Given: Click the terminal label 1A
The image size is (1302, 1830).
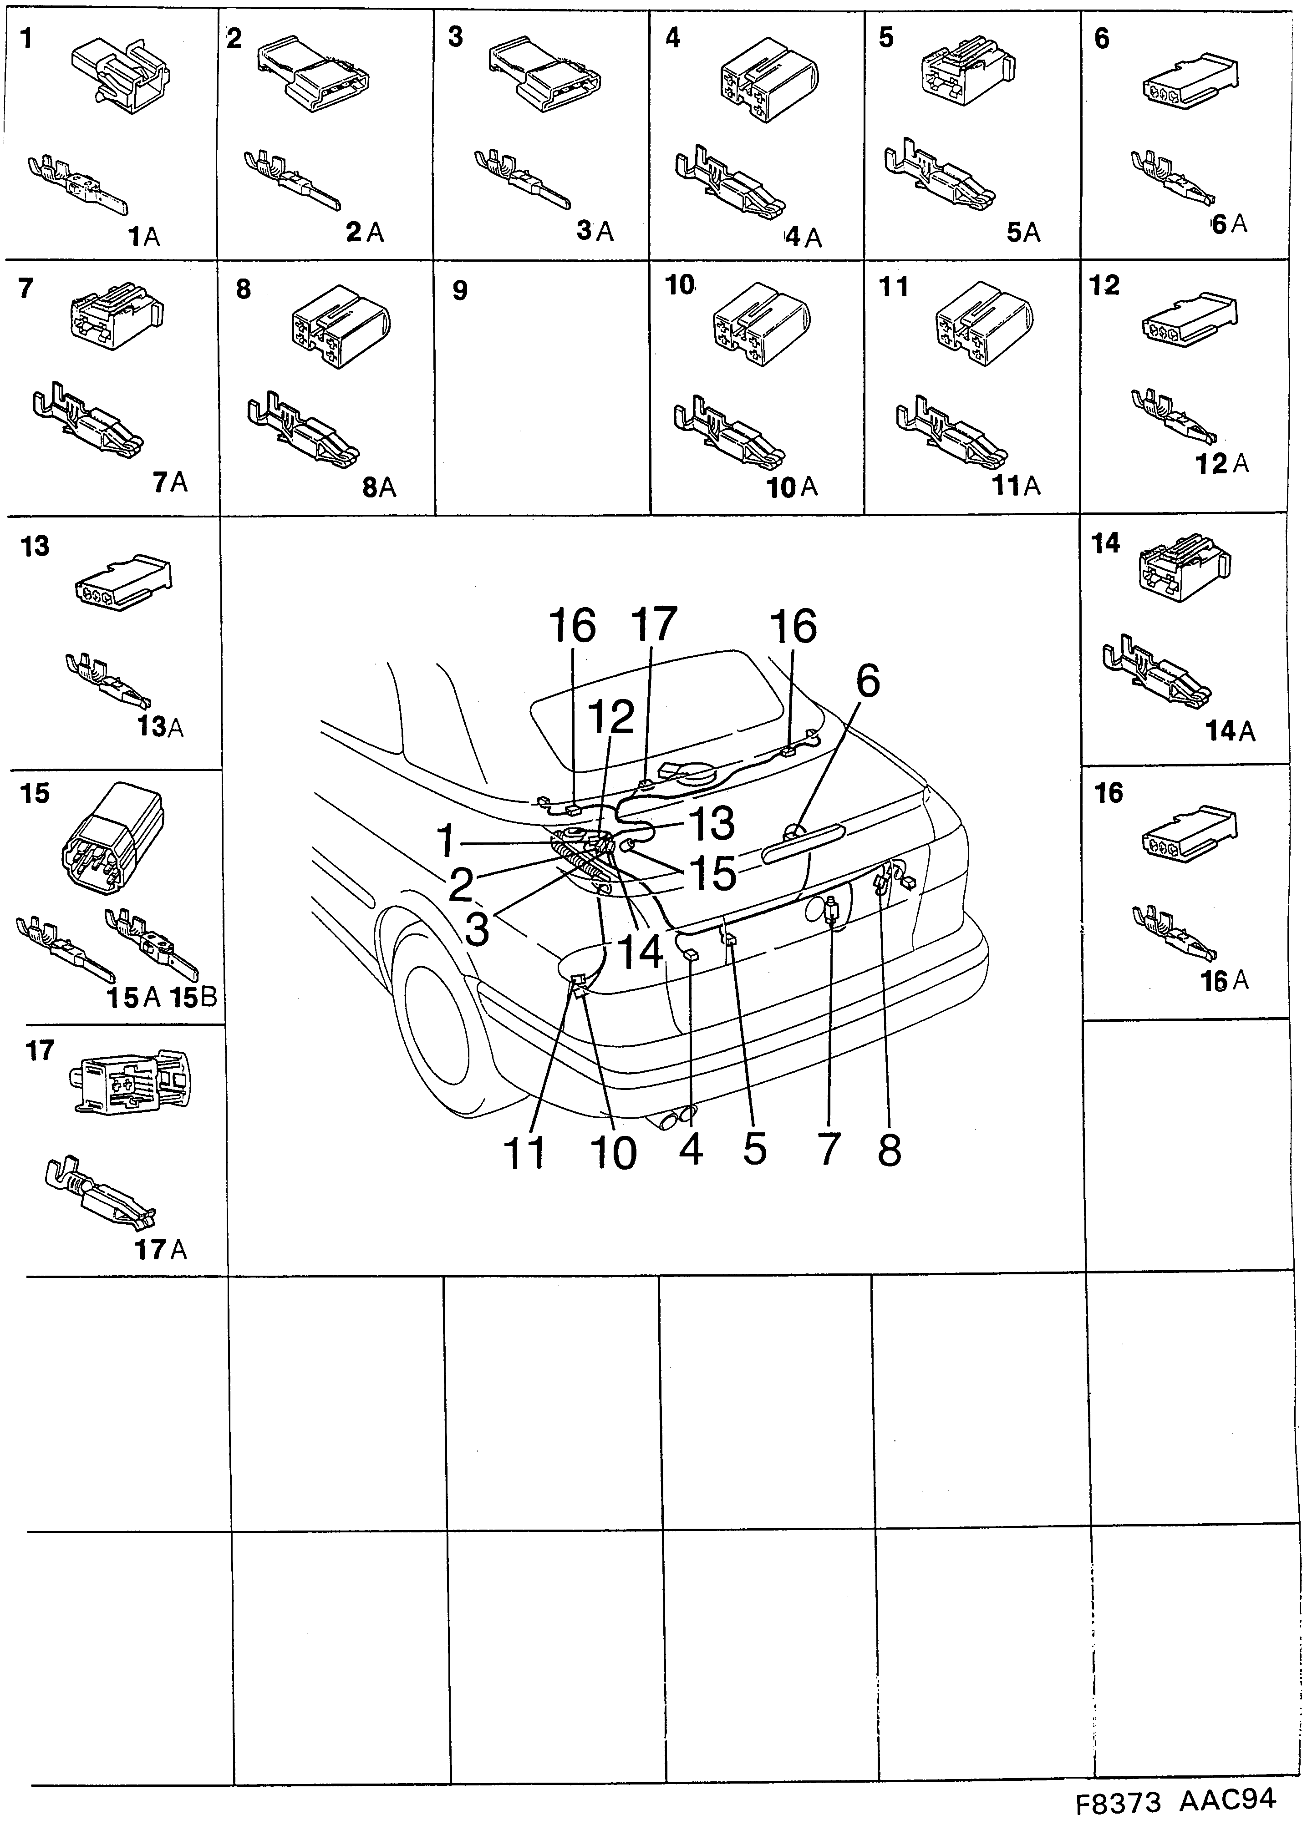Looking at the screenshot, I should tap(144, 237).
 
